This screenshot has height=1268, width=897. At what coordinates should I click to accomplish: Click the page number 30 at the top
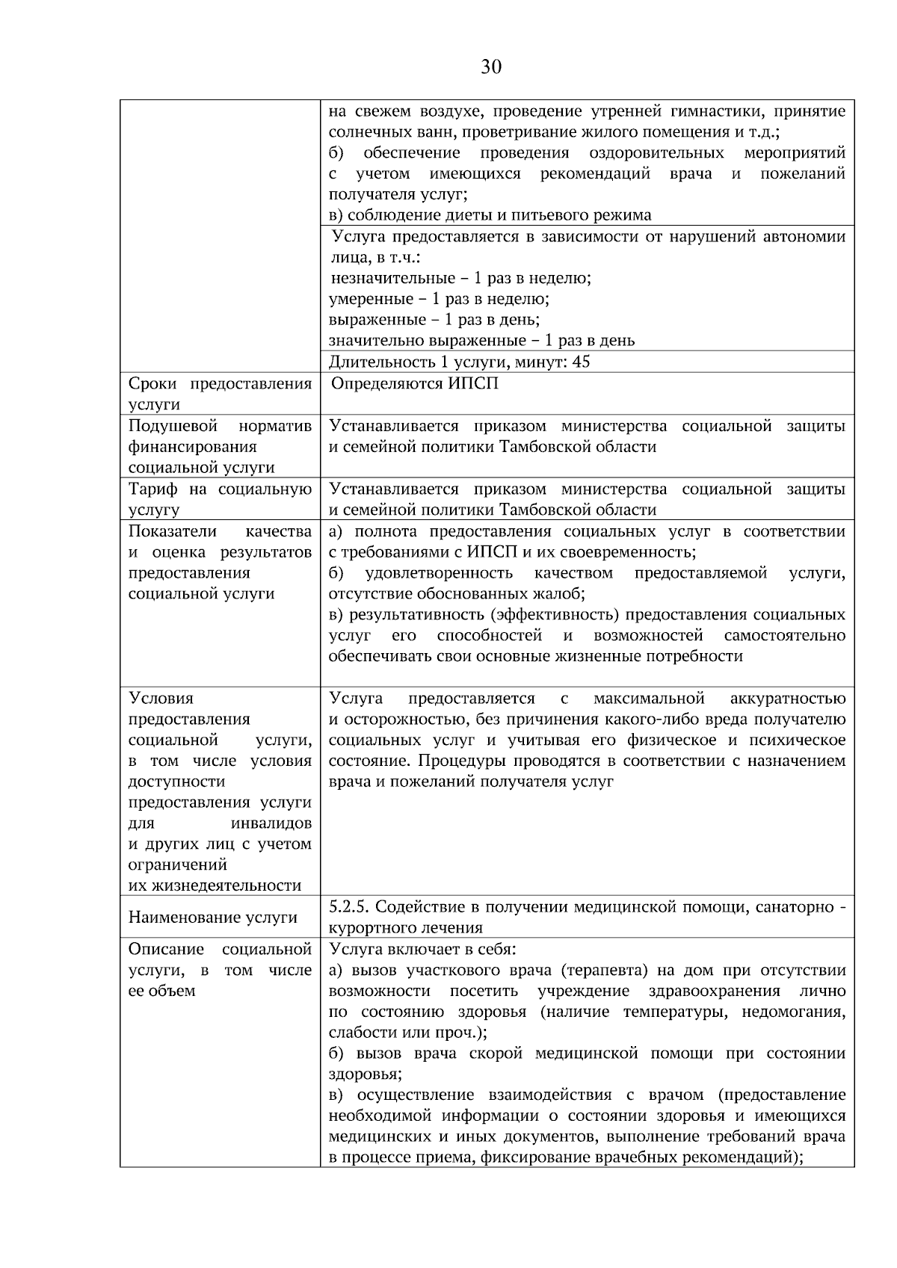tap(491, 67)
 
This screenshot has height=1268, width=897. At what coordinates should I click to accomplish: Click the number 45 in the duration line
tap(581, 362)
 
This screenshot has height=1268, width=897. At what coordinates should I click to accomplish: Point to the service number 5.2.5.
tap(350, 907)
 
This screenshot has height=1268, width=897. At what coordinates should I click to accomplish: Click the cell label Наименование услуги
tap(213, 918)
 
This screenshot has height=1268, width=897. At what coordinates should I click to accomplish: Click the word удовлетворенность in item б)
tap(440, 573)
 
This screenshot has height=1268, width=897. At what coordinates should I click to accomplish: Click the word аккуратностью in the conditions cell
tap(788, 699)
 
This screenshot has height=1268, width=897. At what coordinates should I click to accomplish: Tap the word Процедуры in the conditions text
tap(453, 761)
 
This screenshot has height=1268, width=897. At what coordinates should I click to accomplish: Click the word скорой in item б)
tap(496, 1054)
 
